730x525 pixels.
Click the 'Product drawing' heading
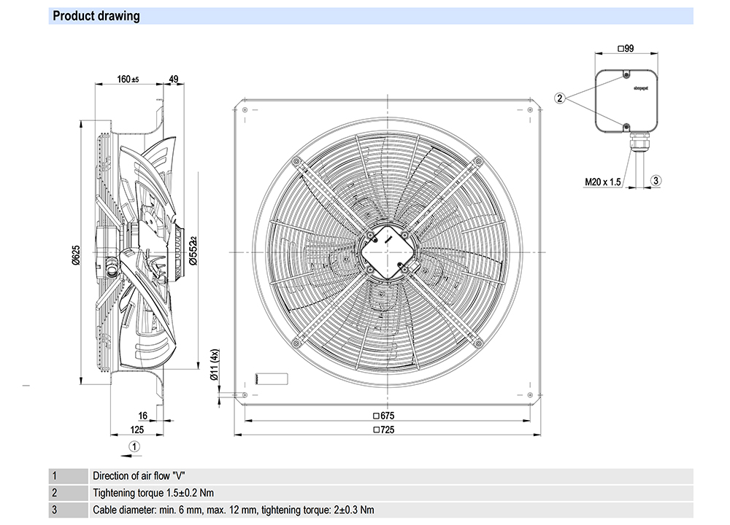pyautogui.click(x=96, y=16)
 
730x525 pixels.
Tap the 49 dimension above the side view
pyautogui.click(x=173, y=79)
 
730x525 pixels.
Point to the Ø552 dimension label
pyautogui.click(x=193, y=248)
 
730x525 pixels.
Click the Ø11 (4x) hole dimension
pyautogui.click(x=214, y=363)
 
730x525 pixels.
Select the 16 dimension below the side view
pyautogui.click(x=143, y=416)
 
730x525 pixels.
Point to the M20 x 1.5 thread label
pyautogui.click(x=602, y=182)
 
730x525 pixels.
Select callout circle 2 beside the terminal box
pyautogui.click(x=560, y=98)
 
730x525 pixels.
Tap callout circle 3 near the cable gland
pyautogui.click(x=655, y=180)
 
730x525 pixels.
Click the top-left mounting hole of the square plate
pyautogui.click(x=245, y=109)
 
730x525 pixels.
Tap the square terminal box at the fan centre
pyautogui.click(x=385, y=252)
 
